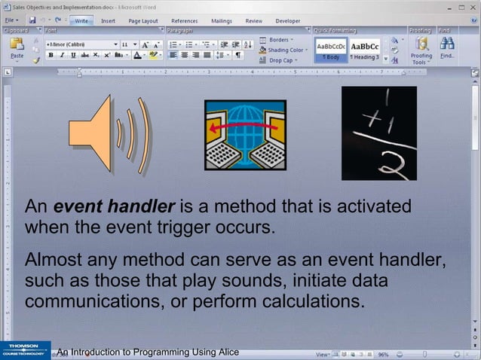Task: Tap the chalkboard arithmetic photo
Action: pos(378,133)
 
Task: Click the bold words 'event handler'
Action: pos(115,206)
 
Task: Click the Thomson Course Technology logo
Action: pos(25,350)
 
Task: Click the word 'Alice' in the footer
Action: pos(224,352)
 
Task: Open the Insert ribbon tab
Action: pos(108,21)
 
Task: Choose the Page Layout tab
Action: pos(143,21)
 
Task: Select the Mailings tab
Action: pos(221,21)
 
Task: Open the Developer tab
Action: pos(287,21)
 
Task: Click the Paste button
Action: pos(17,48)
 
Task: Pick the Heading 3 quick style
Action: pos(365,50)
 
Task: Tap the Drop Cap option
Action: pos(283,60)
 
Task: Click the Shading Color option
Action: pos(285,50)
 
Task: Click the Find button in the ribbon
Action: pos(447,48)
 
